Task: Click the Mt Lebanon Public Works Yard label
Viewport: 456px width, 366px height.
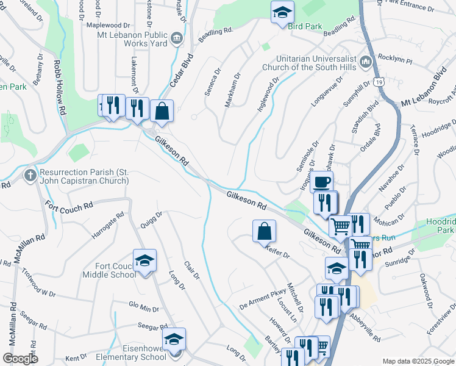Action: click(x=132, y=40)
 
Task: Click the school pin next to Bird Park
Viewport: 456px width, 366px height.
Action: click(x=282, y=13)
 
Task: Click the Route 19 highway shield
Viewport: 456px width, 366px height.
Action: click(x=380, y=81)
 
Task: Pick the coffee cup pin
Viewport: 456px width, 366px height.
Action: click(x=322, y=182)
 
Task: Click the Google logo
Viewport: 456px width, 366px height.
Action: click(x=20, y=359)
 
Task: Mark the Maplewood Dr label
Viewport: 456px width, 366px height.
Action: click(x=109, y=26)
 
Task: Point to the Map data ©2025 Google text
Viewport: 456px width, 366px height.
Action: click(x=417, y=361)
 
